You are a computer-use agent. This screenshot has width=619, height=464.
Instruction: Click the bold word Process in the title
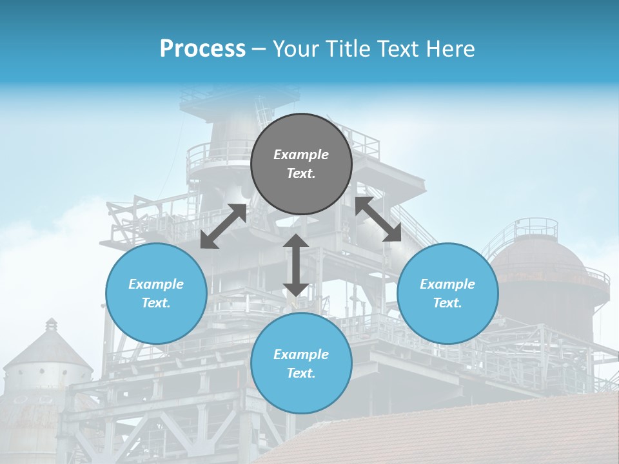202,49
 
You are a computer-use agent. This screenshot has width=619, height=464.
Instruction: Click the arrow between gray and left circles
223,226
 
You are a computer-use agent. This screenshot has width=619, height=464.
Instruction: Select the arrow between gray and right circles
378,219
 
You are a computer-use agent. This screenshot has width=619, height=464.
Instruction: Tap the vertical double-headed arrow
295,265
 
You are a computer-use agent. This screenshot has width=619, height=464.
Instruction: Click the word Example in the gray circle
301,155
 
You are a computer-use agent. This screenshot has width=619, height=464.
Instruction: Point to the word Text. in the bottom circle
301,373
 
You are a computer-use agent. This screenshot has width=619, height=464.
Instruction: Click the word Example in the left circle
156,284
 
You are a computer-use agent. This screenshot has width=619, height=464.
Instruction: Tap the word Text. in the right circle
447,303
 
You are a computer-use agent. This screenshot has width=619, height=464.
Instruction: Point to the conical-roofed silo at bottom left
48,361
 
